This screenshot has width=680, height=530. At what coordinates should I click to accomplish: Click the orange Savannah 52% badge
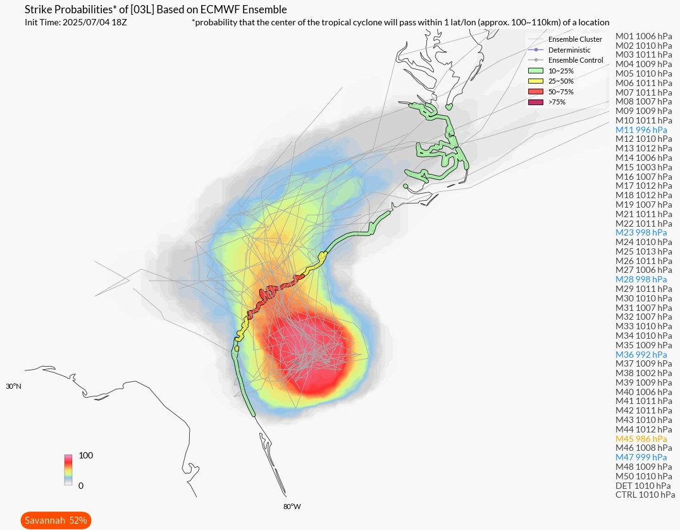pos(56,521)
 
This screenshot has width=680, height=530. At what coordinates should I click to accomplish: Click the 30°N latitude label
pos(13,386)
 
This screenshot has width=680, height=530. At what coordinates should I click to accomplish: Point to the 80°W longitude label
pos(292,507)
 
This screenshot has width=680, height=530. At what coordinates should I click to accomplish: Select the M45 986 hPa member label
pos(641,438)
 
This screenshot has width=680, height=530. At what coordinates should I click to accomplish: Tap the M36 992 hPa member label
pos(641,355)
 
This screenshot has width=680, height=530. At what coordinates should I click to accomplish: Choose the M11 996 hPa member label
pos(641,130)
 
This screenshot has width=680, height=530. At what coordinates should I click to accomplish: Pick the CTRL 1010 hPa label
pos(645,495)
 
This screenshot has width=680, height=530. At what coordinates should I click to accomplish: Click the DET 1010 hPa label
pos(643,486)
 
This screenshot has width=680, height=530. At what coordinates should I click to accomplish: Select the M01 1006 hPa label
pos(643,36)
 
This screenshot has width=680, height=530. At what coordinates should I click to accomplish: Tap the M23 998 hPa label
pos(641,232)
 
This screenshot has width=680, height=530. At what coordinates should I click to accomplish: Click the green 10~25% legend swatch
pos(535,71)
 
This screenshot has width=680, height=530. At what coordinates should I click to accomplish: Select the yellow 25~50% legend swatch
pos(535,81)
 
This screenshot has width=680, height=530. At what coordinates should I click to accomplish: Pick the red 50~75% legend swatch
pos(535,91)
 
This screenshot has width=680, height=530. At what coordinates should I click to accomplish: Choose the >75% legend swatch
pos(535,101)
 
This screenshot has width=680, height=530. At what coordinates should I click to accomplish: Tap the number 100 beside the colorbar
pos(86,456)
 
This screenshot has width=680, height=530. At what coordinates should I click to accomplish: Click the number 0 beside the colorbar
pos(81,486)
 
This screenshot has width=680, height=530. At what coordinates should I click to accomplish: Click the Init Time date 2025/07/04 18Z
pos(95,22)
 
